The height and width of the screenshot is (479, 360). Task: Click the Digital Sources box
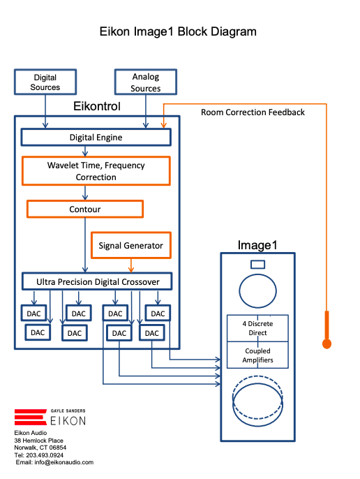pyautogui.click(x=45, y=82)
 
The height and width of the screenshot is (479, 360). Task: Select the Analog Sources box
pyautogui.click(x=146, y=82)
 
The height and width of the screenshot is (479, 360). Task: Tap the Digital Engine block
pyautogui.click(x=96, y=137)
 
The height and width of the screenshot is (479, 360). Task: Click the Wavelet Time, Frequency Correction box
pyautogui.click(x=96, y=171)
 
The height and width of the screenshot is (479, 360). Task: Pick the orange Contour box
pyautogui.click(x=85, y=209)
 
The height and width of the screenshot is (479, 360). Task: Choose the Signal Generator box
pyautogui.click(x=130, y=245)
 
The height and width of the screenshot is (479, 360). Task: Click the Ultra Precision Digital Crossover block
pyautogui.click(x=97, y=281)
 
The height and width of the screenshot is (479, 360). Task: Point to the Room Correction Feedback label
pyautogui.click(x=253, y=112)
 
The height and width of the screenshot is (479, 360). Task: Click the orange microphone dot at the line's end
pyautogui.click(x=327, y=344)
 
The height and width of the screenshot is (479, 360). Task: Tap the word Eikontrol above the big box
pyautogui.click(x=97, y=106)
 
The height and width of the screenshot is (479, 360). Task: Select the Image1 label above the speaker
pyautogui.click(x=257, y=245)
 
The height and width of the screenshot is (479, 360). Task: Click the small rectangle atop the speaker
pyautogui.click(x=257, y=265)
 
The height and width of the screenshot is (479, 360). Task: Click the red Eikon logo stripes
pyautogui.click(x=30, y=417)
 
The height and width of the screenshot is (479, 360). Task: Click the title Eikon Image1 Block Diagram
pyautogui.click(x=178, y=31)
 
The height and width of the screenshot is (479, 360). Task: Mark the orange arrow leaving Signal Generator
pyautogui.click(x=131, y=265)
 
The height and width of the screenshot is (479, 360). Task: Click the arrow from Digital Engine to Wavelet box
pyautogui.click(x=85, y=152)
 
